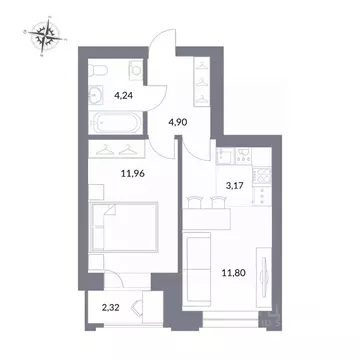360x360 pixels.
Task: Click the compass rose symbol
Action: (45, 37)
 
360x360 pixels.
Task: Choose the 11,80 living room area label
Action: (231, 268)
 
